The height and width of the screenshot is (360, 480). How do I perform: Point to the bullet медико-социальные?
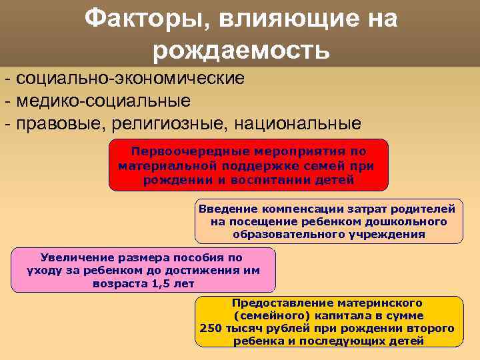point(104,101)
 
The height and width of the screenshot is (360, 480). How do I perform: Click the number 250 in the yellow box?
point(210,328)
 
